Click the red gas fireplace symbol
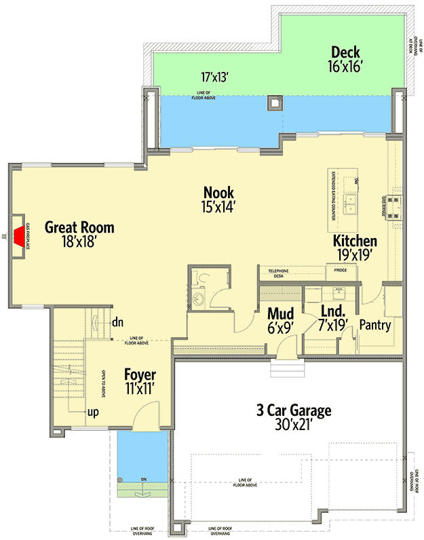(18, 235)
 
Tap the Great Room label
(79, 234)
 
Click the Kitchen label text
(354, 248)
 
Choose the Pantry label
(374, 326)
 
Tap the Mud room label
(280, 320)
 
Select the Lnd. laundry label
(333, 319)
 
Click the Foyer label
(140, 382)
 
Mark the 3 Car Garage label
(293, 417)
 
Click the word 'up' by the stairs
(90, 412)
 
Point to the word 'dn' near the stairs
(117, 323)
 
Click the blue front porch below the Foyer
(142, 455)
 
